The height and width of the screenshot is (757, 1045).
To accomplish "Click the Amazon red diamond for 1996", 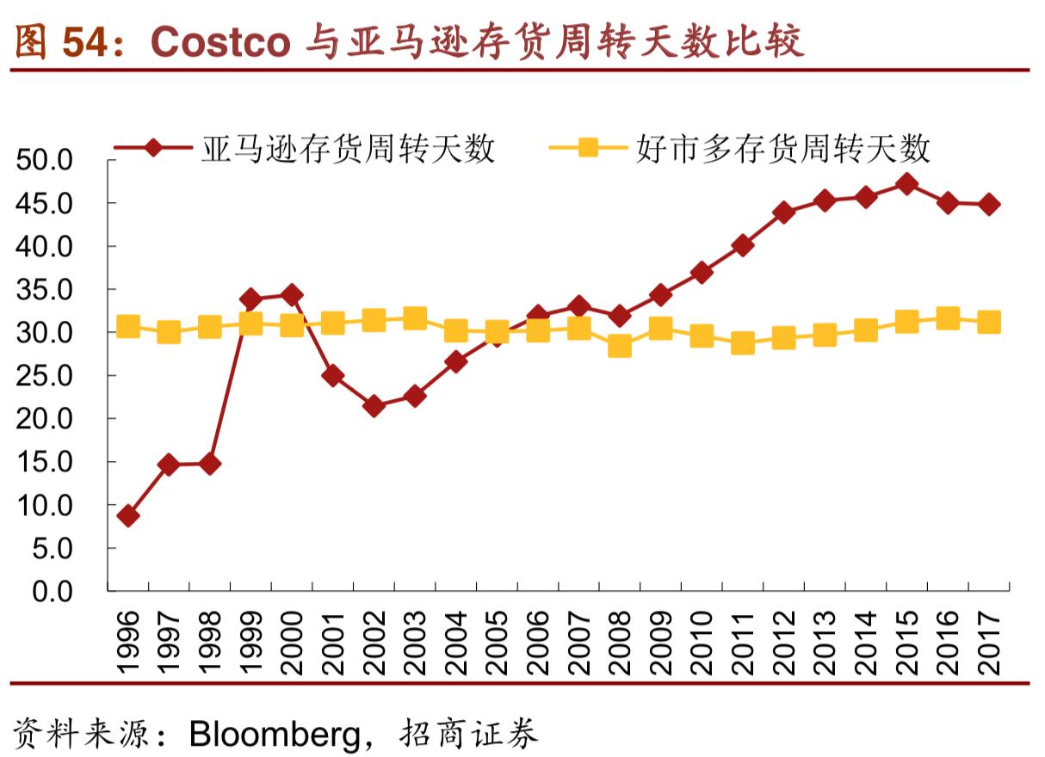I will coord(128,516).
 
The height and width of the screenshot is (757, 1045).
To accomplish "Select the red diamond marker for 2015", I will coord(906,183).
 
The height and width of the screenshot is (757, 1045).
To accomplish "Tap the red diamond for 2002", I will coord(374,406).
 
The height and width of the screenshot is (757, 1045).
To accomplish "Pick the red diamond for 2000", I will coord(292,295).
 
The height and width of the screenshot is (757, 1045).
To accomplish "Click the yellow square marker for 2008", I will coord(619,347).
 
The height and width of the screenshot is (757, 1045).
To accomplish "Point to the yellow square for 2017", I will coord(989,322).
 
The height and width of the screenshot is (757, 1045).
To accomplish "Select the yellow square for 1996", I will coord(128,326).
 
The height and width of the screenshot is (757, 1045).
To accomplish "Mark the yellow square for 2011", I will coord(742,343).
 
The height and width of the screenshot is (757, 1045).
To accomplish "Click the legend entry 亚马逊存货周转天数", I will coord(349,149).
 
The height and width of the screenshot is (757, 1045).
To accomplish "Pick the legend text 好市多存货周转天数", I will coord(783,149).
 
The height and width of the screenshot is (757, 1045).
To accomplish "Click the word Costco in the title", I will coord(220,41).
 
